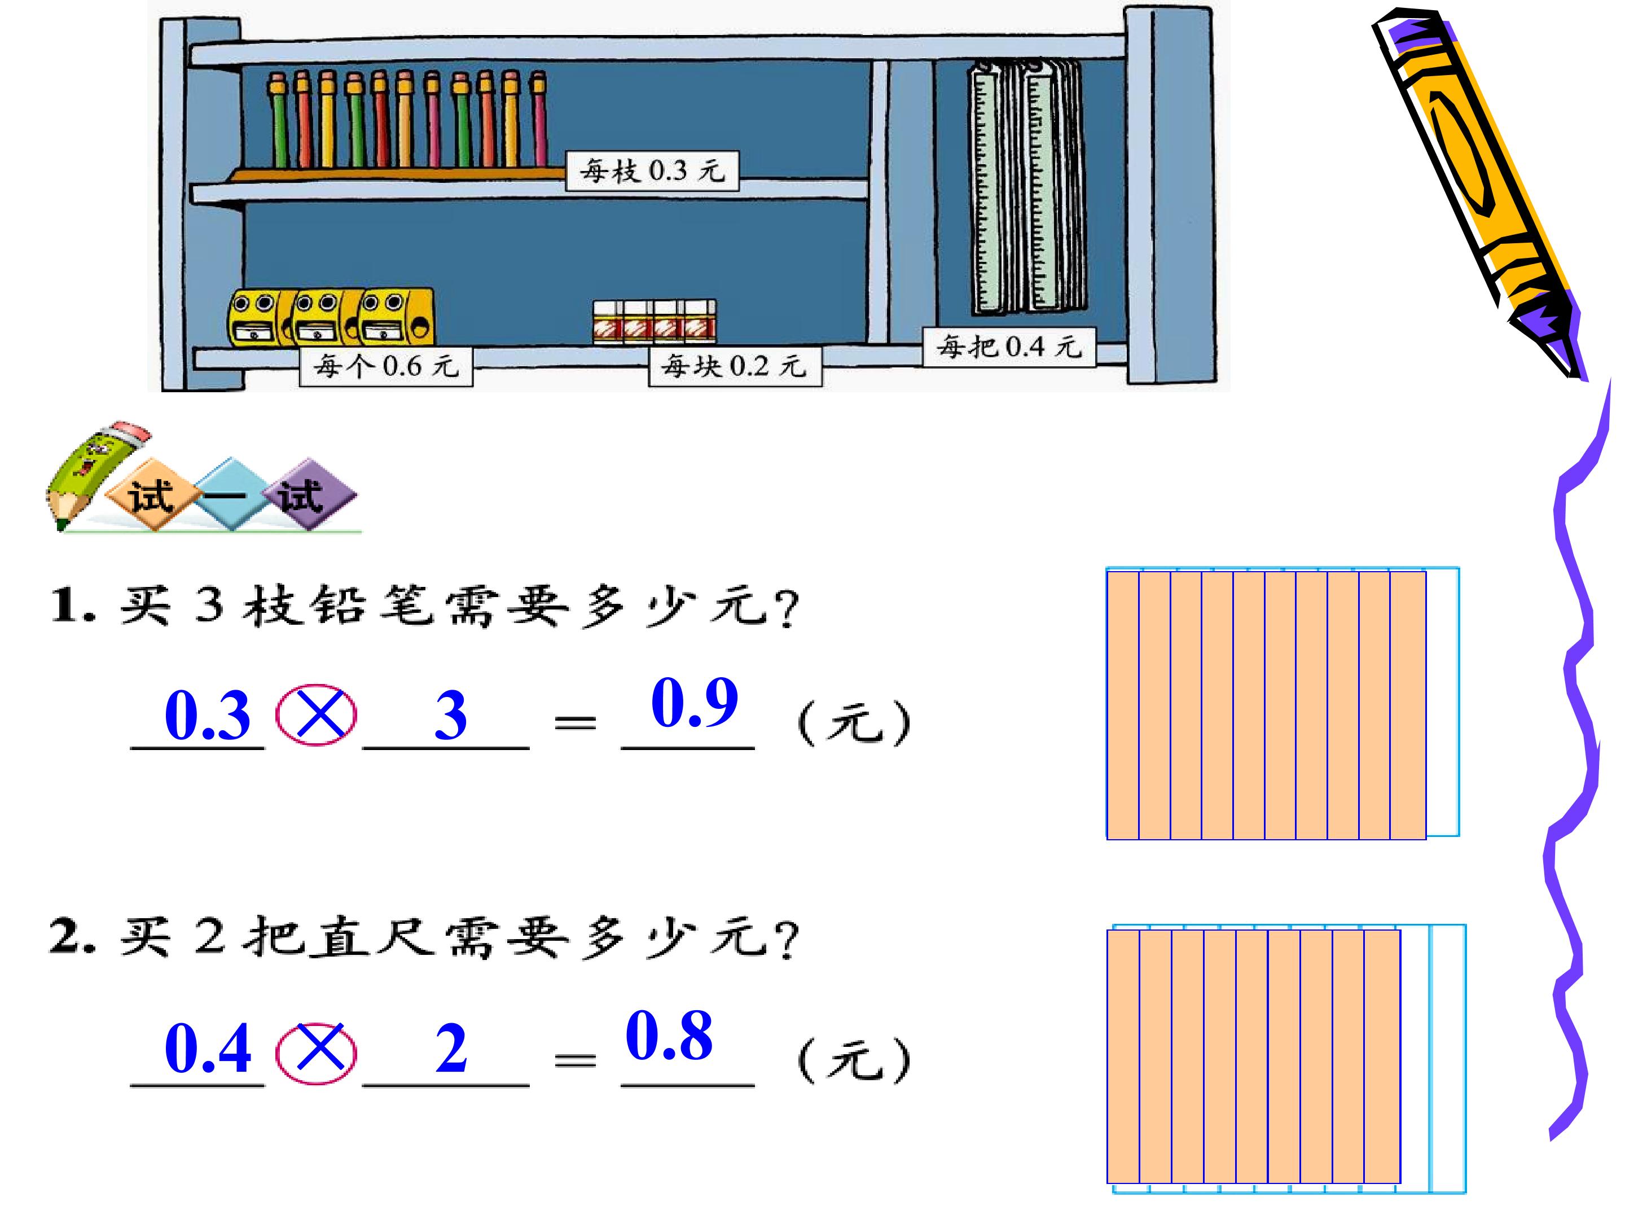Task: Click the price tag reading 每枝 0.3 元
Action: [x=652, y=171]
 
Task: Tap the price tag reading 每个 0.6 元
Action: [x=386, y=366]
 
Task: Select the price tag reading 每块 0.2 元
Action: [x=735, y=366]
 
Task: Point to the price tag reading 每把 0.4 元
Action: [x=1009, y=346]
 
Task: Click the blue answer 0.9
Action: [x=694, y=703]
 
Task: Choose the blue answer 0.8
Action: [x=669, y=1036]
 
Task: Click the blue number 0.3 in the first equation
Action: [x=208, y=715]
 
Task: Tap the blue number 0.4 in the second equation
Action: [x=208, y=1049]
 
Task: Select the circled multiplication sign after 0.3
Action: [x=316, y=715]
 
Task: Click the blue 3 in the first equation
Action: [x=450, y=716]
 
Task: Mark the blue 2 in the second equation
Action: [x=450, y=1049]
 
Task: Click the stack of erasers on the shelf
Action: [x=655, y=321]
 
